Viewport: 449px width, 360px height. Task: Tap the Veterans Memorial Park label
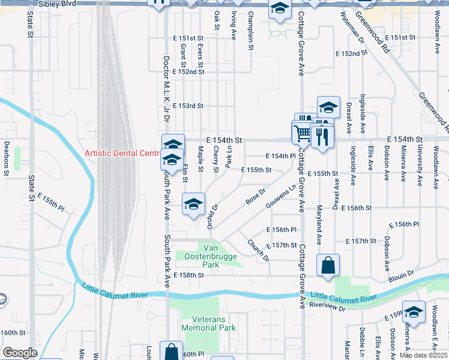tap(214, 323)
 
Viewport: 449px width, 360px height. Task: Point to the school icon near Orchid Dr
tap(193, 205)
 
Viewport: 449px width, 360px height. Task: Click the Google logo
tap(20, 353)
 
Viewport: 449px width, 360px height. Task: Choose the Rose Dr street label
tap(255, 195)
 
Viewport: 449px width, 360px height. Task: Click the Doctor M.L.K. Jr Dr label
tap(166, 96)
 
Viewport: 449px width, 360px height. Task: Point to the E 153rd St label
tap(188, 106)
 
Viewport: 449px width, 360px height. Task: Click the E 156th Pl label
tap(282, 230)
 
